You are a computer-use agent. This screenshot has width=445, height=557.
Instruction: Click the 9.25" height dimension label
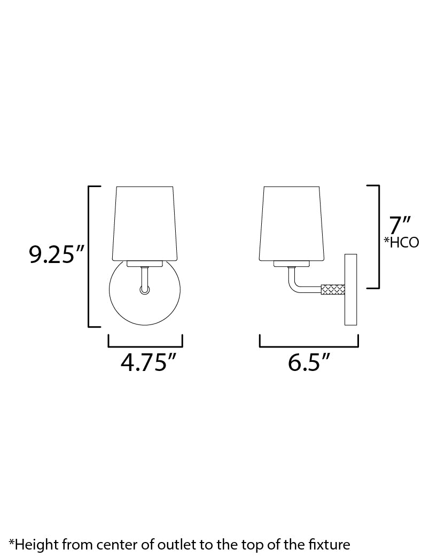[58, 254]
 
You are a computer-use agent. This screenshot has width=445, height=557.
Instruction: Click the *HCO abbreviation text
[401, 243]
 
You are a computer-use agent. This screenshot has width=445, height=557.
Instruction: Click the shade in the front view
[145, 223]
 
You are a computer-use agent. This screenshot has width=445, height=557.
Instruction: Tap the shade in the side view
[292, 223]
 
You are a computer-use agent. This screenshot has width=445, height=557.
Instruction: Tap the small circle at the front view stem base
[145, 290]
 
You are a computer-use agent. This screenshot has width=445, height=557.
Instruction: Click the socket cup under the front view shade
[145, 264]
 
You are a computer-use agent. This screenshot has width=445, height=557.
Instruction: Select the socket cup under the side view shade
[292, 264]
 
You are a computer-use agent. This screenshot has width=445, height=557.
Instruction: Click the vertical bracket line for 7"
[379, 236]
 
